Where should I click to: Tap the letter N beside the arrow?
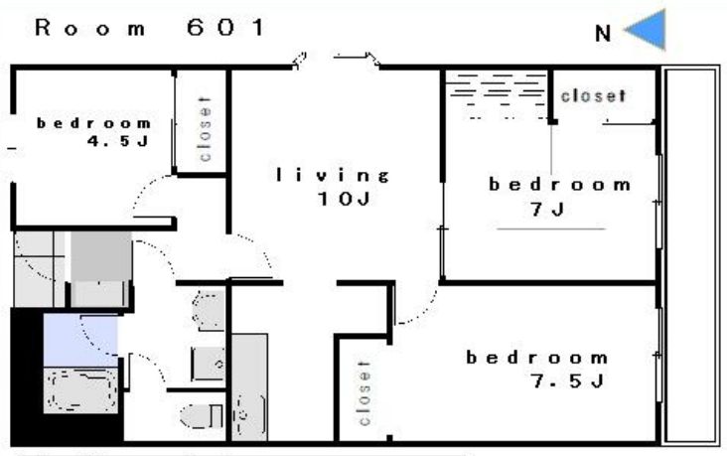click(603, 34)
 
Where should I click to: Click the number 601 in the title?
click(225, 28)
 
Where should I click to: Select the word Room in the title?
click(90, 28)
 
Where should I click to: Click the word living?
click(333, 175)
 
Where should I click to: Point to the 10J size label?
click(344, 199)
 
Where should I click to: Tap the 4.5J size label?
click(118, 141)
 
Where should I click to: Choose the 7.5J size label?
click(567, 381)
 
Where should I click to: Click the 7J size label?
click(547, 210)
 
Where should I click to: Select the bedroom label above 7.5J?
click(537, 358)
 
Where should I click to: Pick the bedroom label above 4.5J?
click(93, 123)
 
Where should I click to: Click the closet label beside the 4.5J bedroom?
click(205, 129)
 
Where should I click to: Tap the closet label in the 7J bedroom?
click(594, 96)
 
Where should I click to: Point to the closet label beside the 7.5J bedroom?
click(364, 392)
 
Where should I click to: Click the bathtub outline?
click(81, 390)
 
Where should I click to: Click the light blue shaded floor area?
click(80, 340)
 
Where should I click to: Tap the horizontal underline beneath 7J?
click(551, 228)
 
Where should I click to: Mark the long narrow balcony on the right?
click(690, 256)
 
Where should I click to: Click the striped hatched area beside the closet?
click(497, 96)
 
